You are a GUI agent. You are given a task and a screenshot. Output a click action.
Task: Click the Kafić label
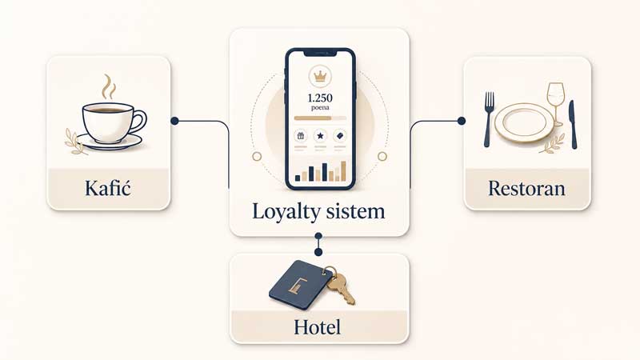108,188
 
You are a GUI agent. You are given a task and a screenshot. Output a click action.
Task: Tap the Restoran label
527,189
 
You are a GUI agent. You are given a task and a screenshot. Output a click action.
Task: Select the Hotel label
317,327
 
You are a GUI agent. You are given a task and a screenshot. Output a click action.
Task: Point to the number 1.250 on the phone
320,98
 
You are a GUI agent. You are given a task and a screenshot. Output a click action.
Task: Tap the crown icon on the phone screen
320,76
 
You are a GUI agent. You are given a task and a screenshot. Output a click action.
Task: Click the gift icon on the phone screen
301,135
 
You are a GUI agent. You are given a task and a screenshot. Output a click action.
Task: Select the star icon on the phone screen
321,135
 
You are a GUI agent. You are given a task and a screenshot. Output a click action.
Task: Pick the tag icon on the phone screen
340,135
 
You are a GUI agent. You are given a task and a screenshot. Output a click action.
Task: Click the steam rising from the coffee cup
109,86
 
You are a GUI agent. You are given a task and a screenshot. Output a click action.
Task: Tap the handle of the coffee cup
138,122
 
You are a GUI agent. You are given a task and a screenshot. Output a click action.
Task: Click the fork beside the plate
488,119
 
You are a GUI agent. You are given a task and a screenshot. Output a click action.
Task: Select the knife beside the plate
573,124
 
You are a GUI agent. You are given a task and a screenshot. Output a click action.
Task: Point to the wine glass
556,105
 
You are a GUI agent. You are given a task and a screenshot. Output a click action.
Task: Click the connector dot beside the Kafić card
174,121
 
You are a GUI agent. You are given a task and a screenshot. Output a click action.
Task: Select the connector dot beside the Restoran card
462,121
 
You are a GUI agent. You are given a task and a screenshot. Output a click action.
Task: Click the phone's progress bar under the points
321,118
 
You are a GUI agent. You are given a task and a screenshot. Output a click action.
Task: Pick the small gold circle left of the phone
257,156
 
